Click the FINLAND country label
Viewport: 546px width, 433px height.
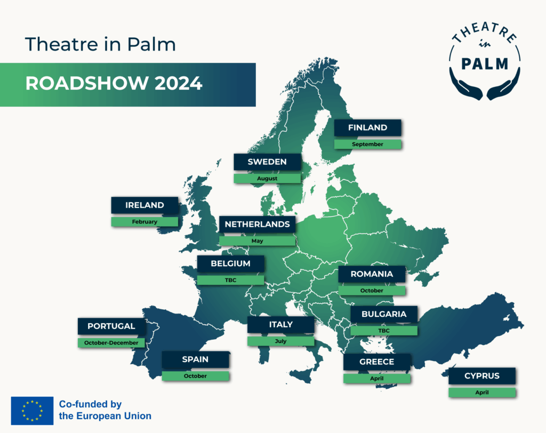[x=368, y=127]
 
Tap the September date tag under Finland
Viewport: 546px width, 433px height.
[x=368, y=144]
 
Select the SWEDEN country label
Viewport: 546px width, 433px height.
[x=267, y=162]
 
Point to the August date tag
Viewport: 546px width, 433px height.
[x=267, y=178]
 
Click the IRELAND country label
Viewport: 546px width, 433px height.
[x=144, y=205]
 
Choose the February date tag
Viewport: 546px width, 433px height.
[x=144, y=221]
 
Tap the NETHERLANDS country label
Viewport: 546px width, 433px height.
[x=258, y=224]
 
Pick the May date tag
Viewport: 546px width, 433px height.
[x=258, y=240]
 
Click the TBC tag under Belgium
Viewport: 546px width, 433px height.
[x=230, y=280]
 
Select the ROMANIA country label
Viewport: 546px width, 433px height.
[x=372, y=274]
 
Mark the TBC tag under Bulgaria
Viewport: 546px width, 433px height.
[x=384, y=331]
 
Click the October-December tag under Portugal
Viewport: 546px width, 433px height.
[x=111, y=343]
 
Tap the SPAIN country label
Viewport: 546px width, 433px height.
[x=195, y=359]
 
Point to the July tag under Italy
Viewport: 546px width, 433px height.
[x=280, y=341]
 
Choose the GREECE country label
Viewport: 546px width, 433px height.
[x=377, y=362]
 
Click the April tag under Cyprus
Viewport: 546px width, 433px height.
[x=482, y=392]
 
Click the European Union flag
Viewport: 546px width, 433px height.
[x=32, y=411]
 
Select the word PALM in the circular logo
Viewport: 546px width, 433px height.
[x=485, y=64]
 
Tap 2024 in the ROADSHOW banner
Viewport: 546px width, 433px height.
[x=178, y=84]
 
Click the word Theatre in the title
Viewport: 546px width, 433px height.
[x=62, y=44]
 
